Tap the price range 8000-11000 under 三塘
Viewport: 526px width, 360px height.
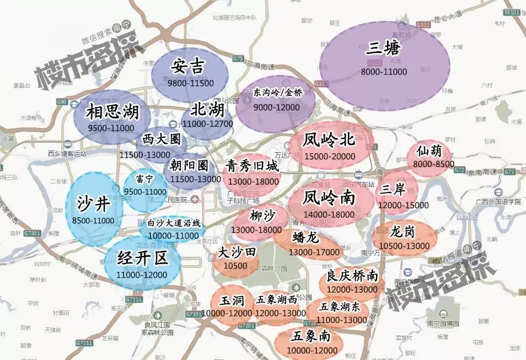[x=384, y=72]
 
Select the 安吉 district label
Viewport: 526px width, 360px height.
[x=188, y=66]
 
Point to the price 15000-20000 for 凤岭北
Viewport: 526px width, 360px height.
[x=329, y=157]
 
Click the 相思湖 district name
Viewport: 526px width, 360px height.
[x=112, y=113]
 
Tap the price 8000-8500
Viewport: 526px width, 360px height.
[x=433, y=164]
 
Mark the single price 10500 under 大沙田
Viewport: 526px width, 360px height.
[x=235, y=266]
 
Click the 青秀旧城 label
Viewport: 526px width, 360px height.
[x=253, y=166]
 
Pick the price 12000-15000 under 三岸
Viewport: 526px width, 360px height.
[x=403, y=205]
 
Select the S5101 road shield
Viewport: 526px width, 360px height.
[x=512, y=12]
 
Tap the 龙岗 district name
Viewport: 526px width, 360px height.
[x=402, y=232]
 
